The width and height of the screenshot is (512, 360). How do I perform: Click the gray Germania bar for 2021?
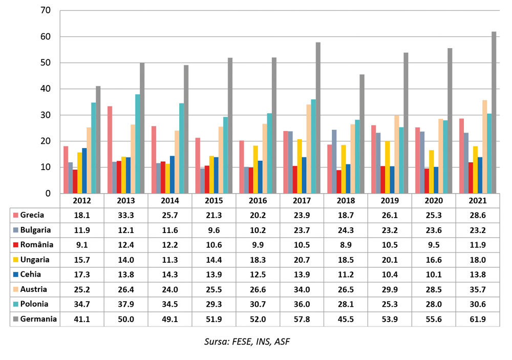pyautogui.click(x=494, y=112)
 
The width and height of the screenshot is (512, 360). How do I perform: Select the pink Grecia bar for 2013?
pyautogui.click(x=110, y=150)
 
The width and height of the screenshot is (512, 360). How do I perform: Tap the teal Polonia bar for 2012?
pyautogui.click(x=94, y=148)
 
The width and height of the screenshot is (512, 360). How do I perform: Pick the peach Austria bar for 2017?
pyautogui.click(x=309, y=149)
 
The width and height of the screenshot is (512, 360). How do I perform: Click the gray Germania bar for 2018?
pyautogui.click(x=362, y=134)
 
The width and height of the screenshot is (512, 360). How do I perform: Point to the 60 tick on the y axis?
pyautogui.click(x=46, y=36)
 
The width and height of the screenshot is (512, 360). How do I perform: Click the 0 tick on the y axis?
pyautogui.click(x=48, y=194)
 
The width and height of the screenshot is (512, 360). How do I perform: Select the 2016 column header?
pyautogui.click(x=258, y=201)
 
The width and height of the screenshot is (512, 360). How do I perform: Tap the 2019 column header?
pyautogui.click(x=390, y=201)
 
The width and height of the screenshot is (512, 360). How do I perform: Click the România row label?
pyautogui.click(x=36, y=245)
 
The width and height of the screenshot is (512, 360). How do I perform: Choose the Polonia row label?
pyautogui.click(x=34, y=304)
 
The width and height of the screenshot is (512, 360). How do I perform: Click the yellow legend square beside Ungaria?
pyautogui.click(x=15, y=260)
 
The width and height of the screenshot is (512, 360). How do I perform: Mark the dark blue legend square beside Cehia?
pyautogui.click(x=15, y=274)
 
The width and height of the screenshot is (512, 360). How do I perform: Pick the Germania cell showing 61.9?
pyautogui.click(x=477, y=319)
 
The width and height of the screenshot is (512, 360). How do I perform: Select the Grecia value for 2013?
pyautogui.click(x=126, y=215)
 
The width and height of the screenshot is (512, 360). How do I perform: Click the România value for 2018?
pyautogui.click(x=346, y=245)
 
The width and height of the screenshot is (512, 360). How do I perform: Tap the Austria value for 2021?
pyautogui.click(x=477, y=289)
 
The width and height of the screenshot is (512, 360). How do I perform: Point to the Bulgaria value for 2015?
pyautogui.click(x=214, y=230)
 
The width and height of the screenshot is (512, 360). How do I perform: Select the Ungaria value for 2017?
pyautogui.click(x=302, y=260)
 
